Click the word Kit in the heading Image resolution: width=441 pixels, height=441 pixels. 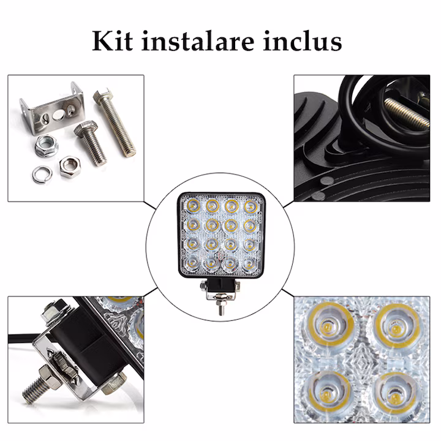[113, 41]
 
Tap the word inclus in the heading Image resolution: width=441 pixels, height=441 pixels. [303, 41]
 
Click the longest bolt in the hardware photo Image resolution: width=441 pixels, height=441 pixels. [114, 122]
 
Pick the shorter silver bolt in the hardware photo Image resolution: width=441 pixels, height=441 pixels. [91, 143]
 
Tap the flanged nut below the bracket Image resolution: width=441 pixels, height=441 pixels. [47, 146]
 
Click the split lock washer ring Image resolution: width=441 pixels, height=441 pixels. [42, 174]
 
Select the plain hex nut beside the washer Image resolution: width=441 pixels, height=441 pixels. [70, 167]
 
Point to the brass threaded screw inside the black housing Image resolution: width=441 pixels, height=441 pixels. [407, 113]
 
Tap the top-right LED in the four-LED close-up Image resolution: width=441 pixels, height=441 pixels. [398, 327]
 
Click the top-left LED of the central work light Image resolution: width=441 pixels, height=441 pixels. [194, 206]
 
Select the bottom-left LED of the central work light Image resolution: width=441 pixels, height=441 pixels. [193, 263]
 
